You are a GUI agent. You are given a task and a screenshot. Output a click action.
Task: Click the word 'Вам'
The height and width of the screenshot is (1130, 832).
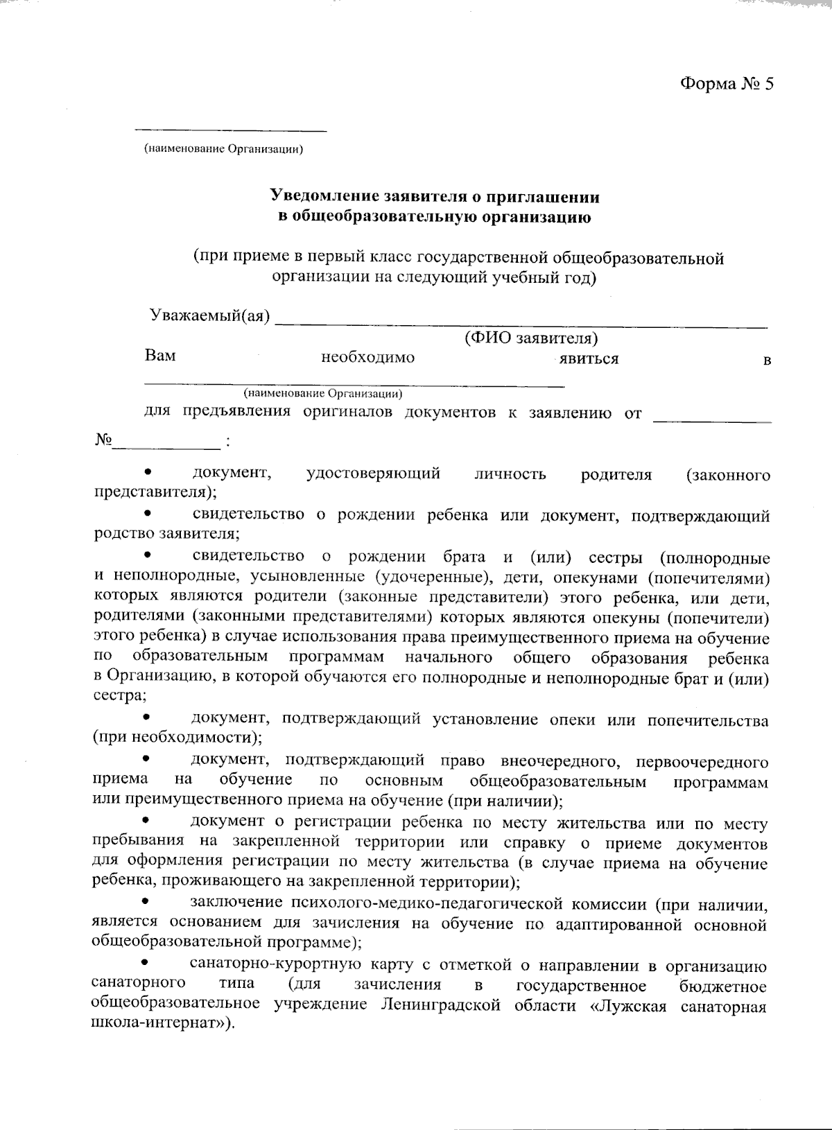point(160,356)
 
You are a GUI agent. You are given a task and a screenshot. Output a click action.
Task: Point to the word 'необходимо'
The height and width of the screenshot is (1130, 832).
point(367,358)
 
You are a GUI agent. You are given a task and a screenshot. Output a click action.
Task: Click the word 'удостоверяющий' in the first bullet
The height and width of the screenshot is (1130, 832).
point(373,474)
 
